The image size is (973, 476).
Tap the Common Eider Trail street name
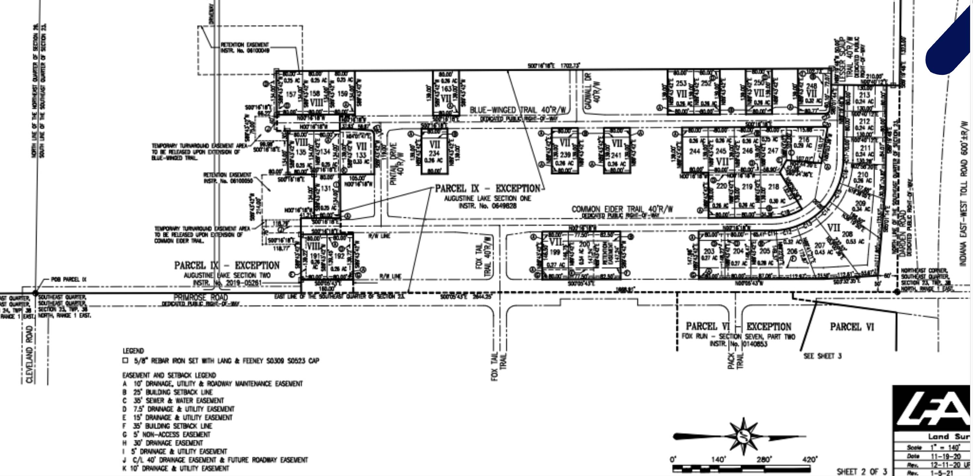(x=622, y=209)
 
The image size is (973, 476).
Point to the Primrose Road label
(x=200, y=297)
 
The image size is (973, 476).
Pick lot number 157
(x=291, y=94)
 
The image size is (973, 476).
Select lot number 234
(x=434, y=153)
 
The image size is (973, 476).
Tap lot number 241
(x=616, y=155)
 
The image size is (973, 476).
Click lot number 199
(x=555, y=252)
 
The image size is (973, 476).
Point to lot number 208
(x=847, y=234)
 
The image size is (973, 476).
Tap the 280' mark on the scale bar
(x=764, y=459)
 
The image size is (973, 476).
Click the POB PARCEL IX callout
(x=69, y=279)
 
